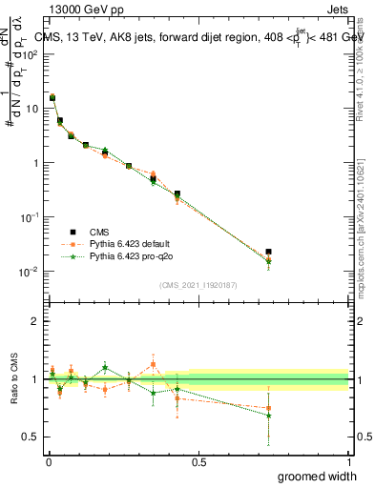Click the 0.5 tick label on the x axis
tap(198, 461)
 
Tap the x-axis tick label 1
tap(348, 461)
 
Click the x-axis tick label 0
tap(49, 461)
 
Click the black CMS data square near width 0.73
tap(269, 252)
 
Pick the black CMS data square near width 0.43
tap(177, 193)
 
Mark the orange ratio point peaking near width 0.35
tap(153, 363)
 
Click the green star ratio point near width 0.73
tap(269, 416)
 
